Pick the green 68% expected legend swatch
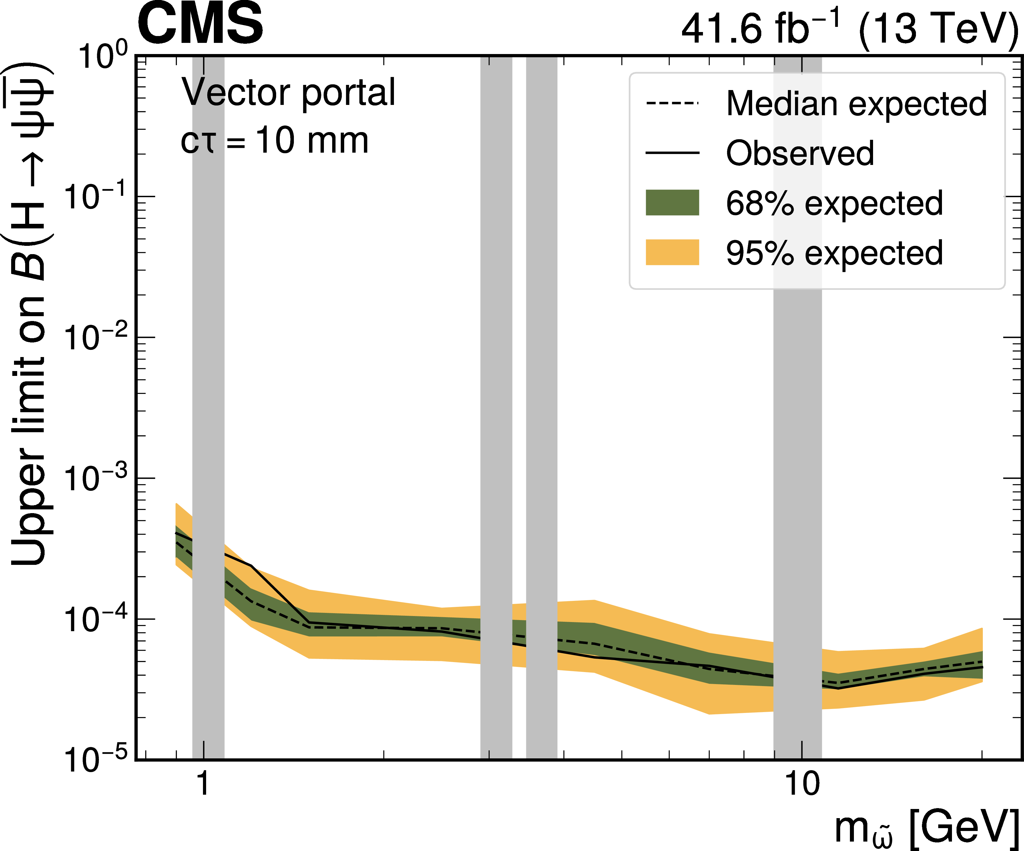tap(672, 202)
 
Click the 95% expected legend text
tap(834, 253)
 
